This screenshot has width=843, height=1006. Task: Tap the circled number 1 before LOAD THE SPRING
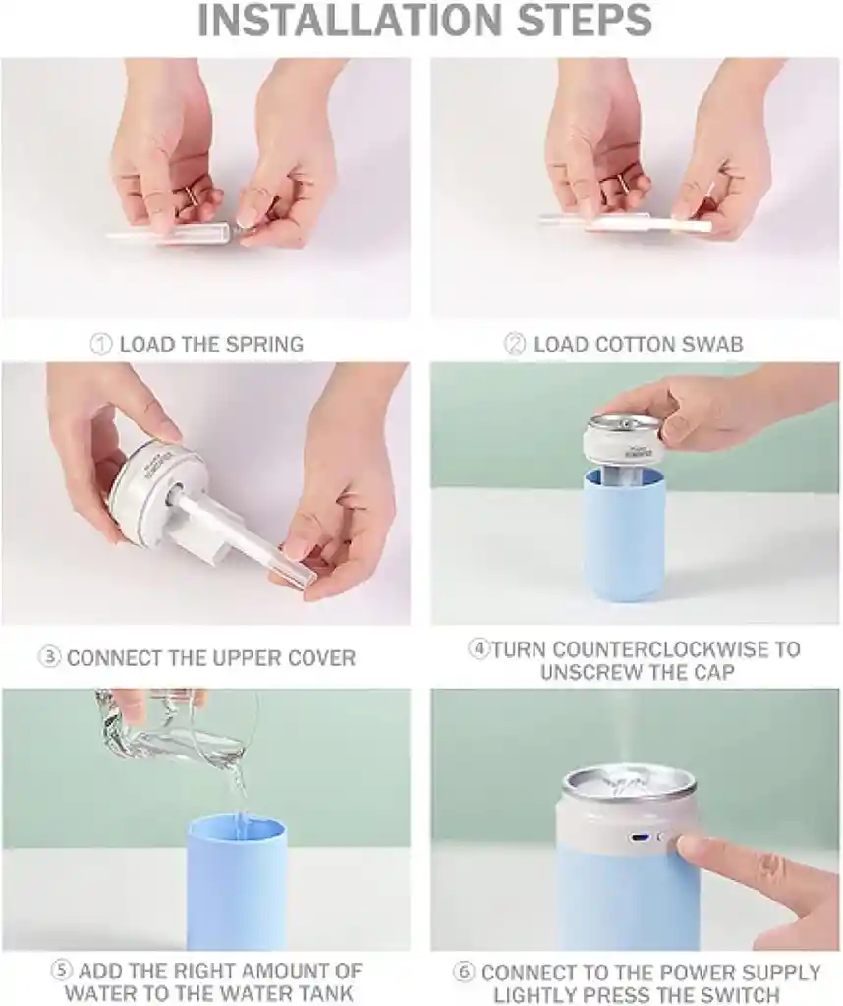point(101,345)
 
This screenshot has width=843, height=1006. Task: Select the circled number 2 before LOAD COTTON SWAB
point(515,345)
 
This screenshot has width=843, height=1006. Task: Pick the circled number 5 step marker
point(62,970)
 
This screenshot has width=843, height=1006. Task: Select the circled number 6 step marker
point(463,972)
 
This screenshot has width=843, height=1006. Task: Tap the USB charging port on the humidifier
point(640,838)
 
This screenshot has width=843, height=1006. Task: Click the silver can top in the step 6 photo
point(630,787)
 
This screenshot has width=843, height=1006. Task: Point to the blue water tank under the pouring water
point(236,882)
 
